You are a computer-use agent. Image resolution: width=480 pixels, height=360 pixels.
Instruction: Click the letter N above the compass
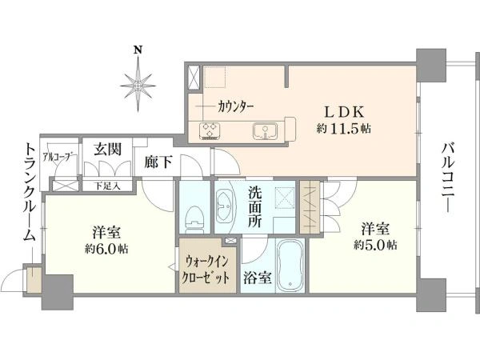point(138,50)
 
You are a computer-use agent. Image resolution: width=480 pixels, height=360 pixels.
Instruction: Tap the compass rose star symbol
point(138,86)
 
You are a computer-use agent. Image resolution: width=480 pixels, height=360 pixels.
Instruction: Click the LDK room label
point(344,112)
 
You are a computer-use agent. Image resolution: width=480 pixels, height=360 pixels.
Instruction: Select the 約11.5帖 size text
point(344,129)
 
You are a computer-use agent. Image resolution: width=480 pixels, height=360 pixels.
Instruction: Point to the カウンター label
point(235,107)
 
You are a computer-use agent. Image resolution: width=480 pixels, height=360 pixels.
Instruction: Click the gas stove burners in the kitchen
point(210,130)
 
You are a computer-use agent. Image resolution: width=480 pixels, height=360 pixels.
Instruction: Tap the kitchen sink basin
point(265,131)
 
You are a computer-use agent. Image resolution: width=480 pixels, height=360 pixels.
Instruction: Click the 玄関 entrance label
point(107,149)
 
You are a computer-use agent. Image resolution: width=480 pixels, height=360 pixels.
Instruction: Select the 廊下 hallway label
point(158,162)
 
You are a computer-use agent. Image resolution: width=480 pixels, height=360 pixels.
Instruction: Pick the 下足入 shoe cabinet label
point(106,186)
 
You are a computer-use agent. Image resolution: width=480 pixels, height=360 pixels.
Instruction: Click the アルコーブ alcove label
point(59,157)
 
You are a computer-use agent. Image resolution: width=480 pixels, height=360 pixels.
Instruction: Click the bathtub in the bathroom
point(290,266)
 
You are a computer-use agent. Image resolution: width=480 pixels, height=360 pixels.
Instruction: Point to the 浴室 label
point(257,278)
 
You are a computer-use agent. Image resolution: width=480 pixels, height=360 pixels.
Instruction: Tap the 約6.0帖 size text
point(106,250)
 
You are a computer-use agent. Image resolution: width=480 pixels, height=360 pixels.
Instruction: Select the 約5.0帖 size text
point(375,245)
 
